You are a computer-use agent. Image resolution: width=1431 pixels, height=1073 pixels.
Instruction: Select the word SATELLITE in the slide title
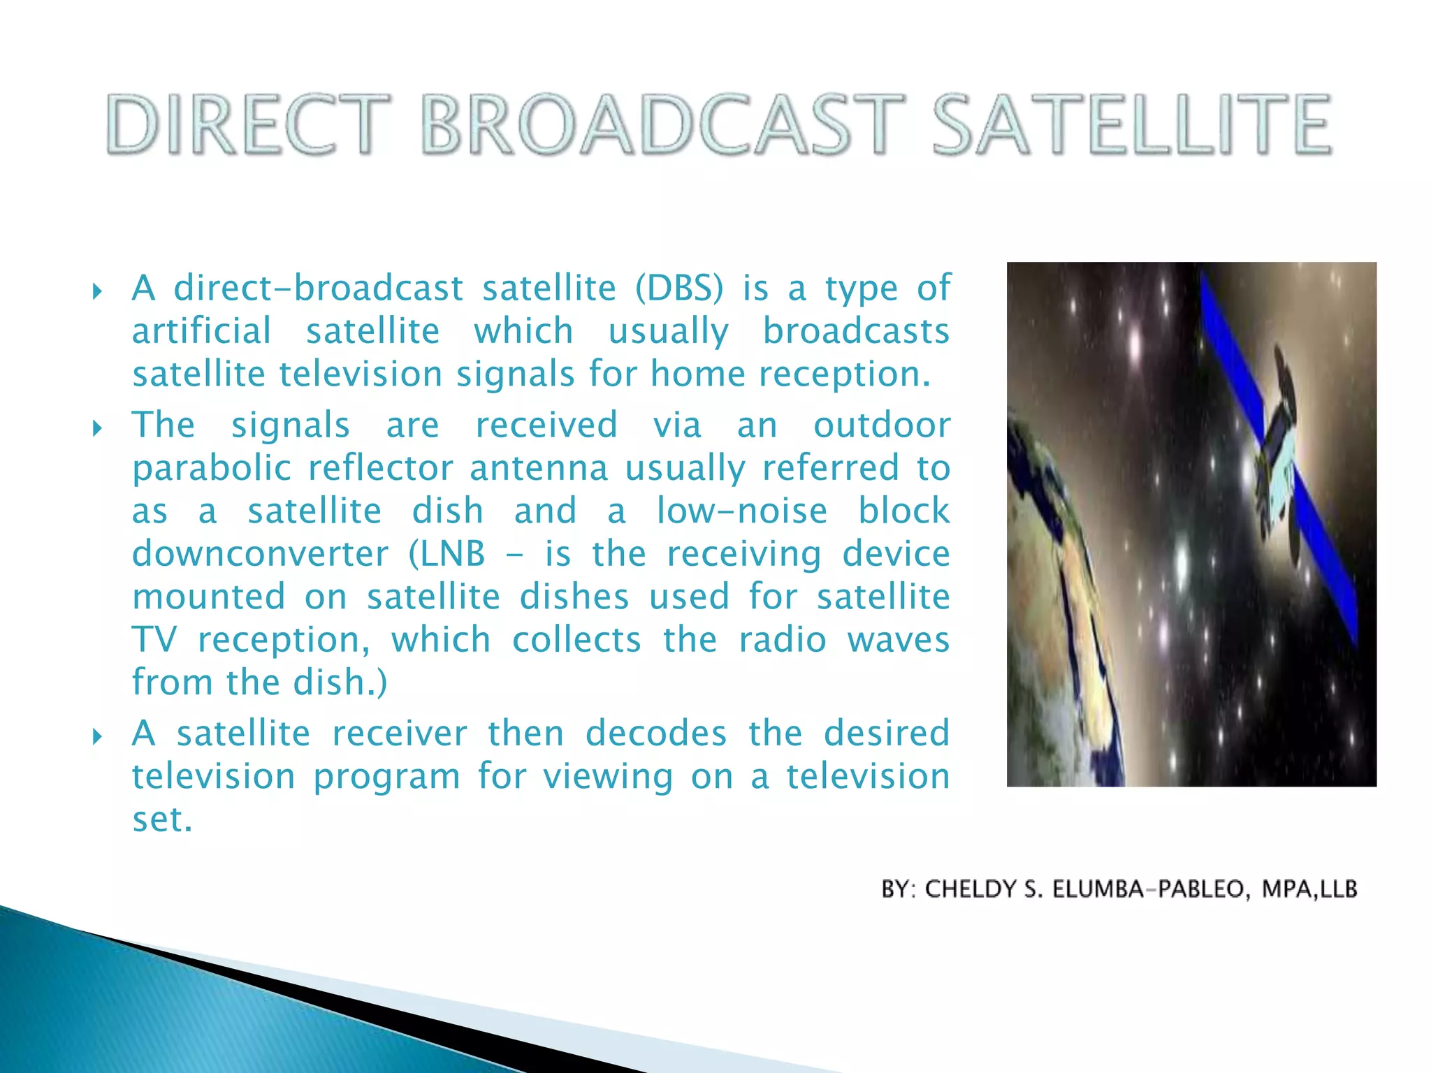click(x=1132, y=126)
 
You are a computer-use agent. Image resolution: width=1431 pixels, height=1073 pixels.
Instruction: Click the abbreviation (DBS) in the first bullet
click(x=679, y=289)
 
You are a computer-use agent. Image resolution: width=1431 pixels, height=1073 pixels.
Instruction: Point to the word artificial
click(x=201, y=331)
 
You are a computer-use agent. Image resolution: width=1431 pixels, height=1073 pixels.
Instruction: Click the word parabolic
click(x=212, y=469)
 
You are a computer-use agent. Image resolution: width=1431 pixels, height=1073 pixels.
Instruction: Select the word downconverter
click(x=260, y=555)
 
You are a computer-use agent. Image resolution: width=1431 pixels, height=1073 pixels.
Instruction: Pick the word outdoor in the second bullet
click(x=882, y=425)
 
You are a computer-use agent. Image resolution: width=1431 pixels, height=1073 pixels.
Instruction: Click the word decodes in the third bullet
click(x=656, y=734)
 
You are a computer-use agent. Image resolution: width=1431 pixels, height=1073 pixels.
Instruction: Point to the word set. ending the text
click(x=162, y=820)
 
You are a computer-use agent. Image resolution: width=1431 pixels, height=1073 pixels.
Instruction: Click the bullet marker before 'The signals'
click(x=97, y=428)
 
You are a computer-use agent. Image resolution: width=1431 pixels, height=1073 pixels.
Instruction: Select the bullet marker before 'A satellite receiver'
click(x=97, y=736)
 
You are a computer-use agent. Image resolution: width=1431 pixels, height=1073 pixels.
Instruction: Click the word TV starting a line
click(x=154, y=640)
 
